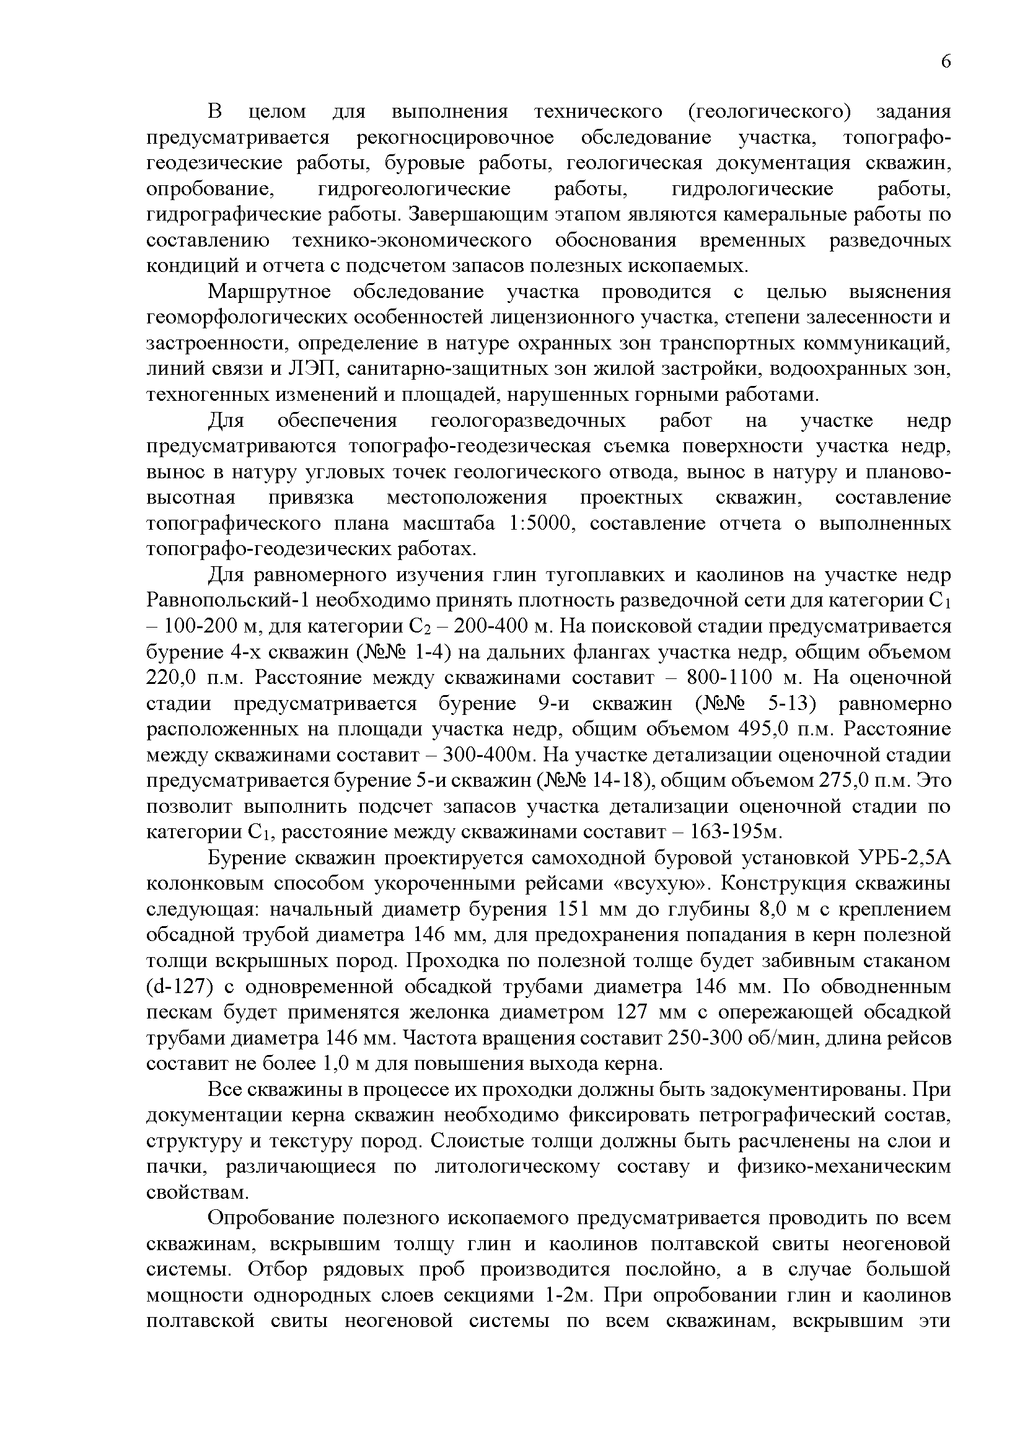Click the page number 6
pyautogui.click(x=945, y=62)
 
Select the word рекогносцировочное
pyautogui.click(x=455, y=138)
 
